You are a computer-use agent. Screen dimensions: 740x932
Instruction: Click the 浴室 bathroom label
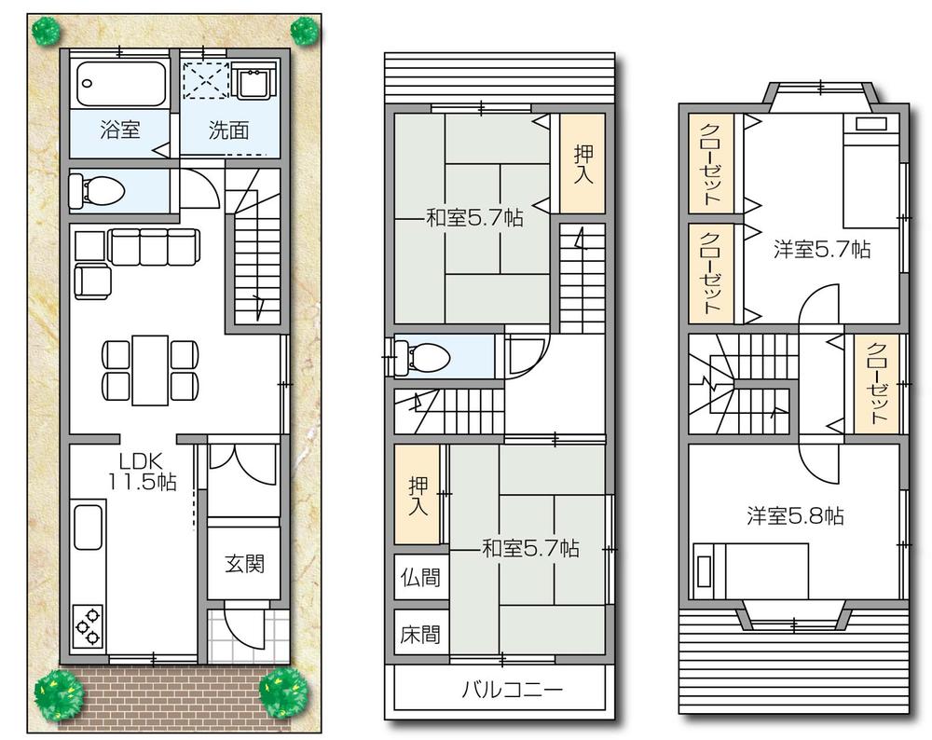point(119,130)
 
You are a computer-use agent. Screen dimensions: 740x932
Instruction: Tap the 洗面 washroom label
point(228,130)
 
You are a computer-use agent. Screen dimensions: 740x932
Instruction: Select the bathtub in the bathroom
point(119,83)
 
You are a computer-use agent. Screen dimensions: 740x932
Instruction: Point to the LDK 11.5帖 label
point(141,471)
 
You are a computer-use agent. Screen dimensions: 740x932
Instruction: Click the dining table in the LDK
point(150,369)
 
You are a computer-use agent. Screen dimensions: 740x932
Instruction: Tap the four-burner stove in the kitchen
point(89,625)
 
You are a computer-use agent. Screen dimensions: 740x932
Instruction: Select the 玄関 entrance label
point(243,564)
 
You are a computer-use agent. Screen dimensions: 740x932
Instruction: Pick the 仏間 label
point(419,578)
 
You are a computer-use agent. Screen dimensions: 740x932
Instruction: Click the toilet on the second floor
point(419,355)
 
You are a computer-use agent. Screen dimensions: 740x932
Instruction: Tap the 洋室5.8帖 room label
point(795,515)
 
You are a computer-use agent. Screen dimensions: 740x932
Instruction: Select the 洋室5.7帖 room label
point(822,249)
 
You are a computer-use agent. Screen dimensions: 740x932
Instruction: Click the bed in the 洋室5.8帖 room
point(751,569)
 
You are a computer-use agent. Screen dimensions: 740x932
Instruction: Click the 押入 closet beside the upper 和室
point(582,163)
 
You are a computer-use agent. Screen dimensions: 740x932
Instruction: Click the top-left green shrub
point(45,31)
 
